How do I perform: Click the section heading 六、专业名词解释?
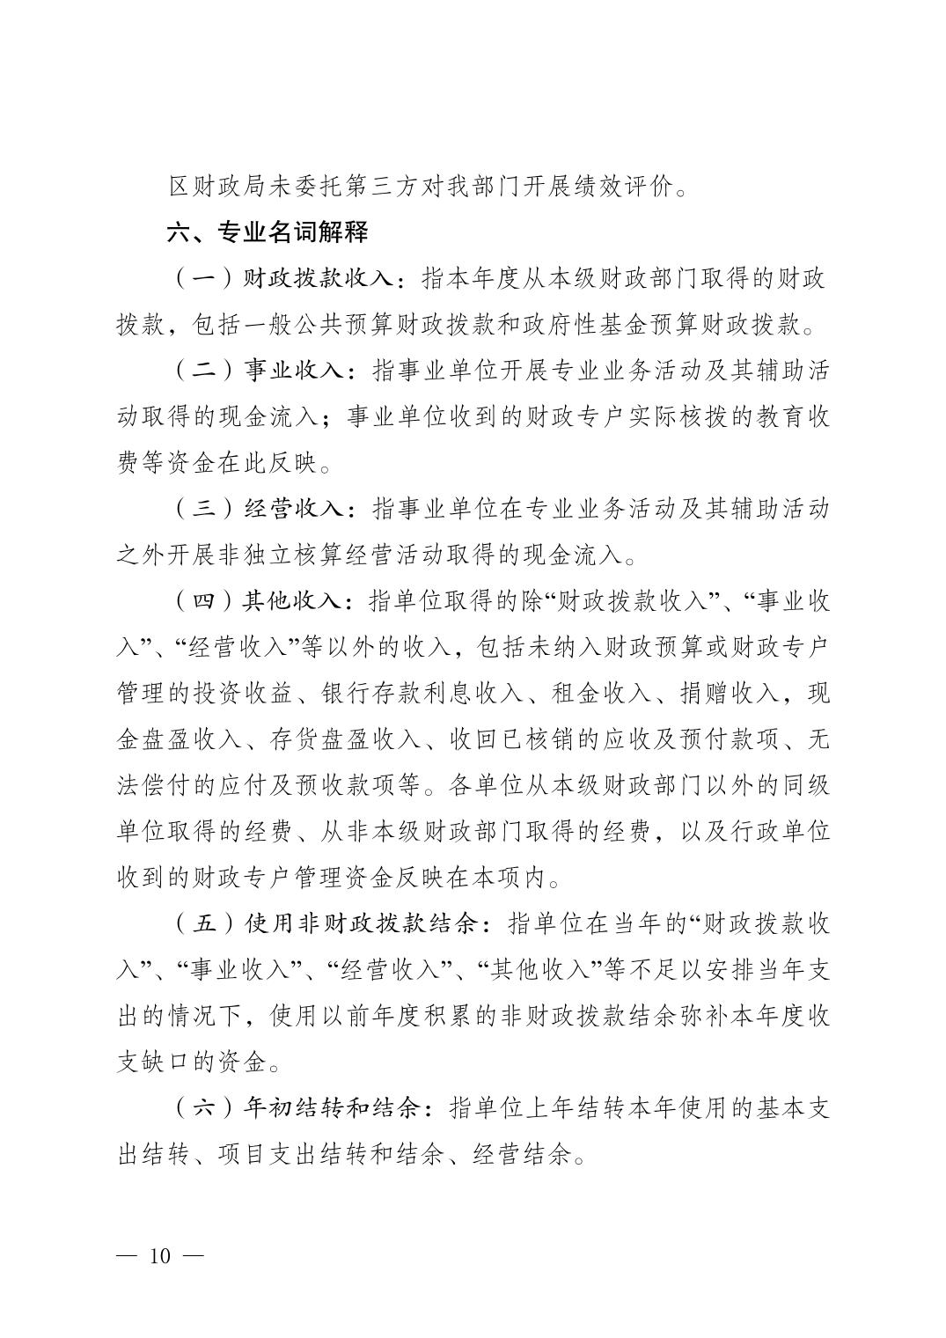tap(268, 232)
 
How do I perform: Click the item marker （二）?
tap(205, 371)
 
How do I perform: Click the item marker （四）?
tap(205, 601)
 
